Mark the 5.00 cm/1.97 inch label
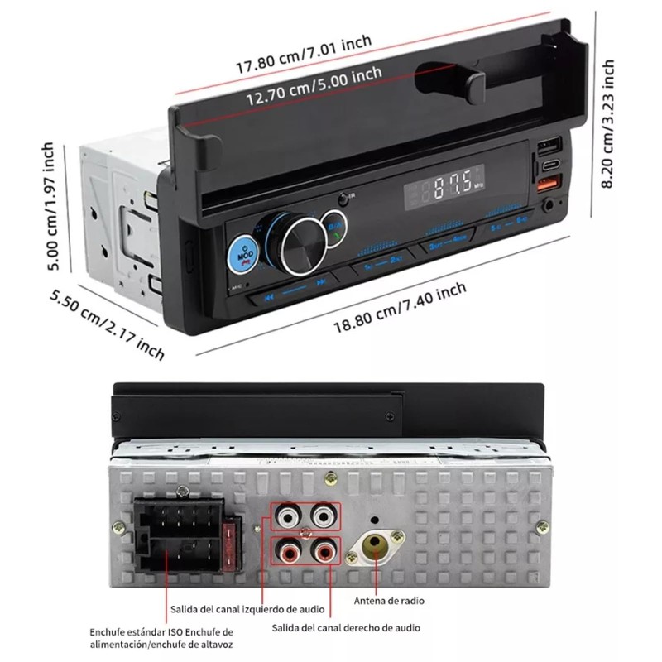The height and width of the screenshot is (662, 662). click(x=51, y=207)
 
